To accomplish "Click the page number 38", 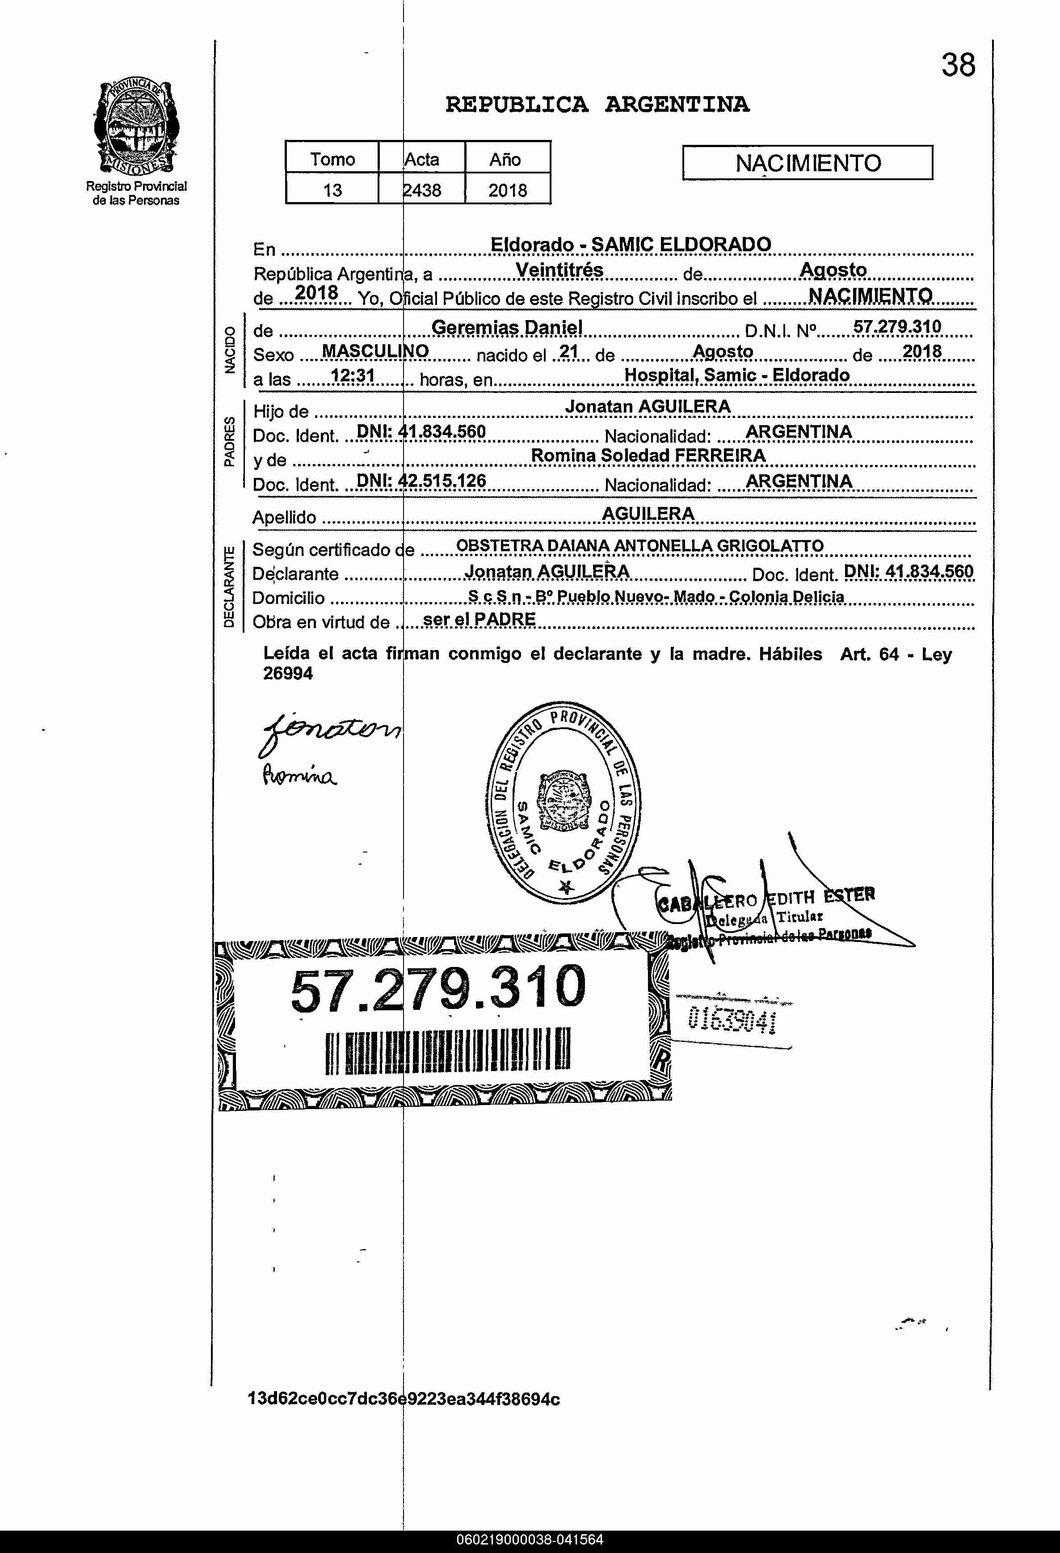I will tap(958, 65).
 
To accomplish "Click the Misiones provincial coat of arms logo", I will tap(136, 127).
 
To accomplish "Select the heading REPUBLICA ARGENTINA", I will tap(597, 104).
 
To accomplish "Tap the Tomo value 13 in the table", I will tap(332, 190).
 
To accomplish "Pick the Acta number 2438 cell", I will tap(422, 190).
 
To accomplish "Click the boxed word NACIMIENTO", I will tap(808, 163).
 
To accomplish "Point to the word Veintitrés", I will tap(560, 270).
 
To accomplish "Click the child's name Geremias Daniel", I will tap(506, 327).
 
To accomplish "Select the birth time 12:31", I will tap(352, 376).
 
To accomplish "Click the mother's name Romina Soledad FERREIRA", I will tap(648, 456).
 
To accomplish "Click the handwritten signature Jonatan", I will tap(331, 734).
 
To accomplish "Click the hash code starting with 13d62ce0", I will tap(404, 1399).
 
